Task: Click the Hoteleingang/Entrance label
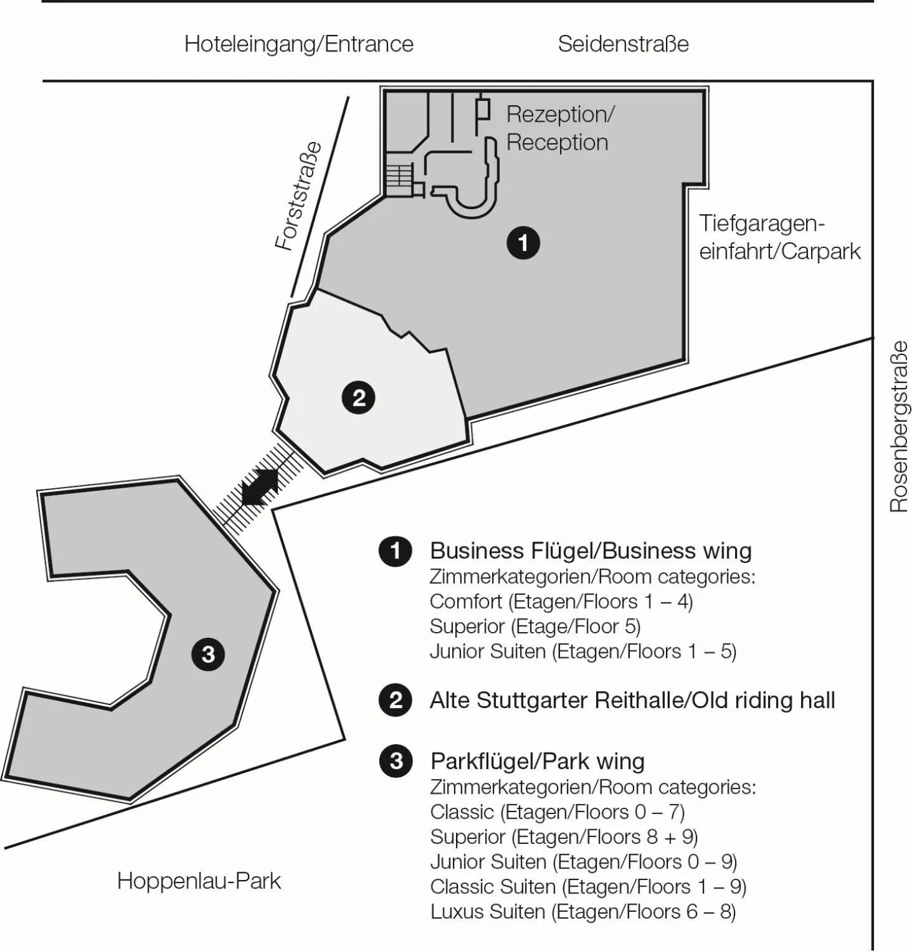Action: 298,44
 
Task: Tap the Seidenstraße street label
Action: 623,44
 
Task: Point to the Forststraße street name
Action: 300,196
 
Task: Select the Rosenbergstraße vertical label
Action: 898,427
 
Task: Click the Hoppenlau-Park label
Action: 199,881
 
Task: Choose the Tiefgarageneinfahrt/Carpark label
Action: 779,237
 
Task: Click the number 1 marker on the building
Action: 523,242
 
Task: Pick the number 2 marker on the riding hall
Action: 358,397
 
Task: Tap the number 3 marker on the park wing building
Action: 208,654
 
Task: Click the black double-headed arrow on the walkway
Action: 260,487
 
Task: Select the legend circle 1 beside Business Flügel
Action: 395,551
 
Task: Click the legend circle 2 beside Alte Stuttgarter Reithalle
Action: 395,700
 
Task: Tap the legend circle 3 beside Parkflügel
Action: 395,761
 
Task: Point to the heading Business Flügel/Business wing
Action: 591,551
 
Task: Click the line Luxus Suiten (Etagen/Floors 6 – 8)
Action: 583,912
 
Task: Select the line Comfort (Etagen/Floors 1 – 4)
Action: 561,602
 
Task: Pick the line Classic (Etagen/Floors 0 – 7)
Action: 557,812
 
